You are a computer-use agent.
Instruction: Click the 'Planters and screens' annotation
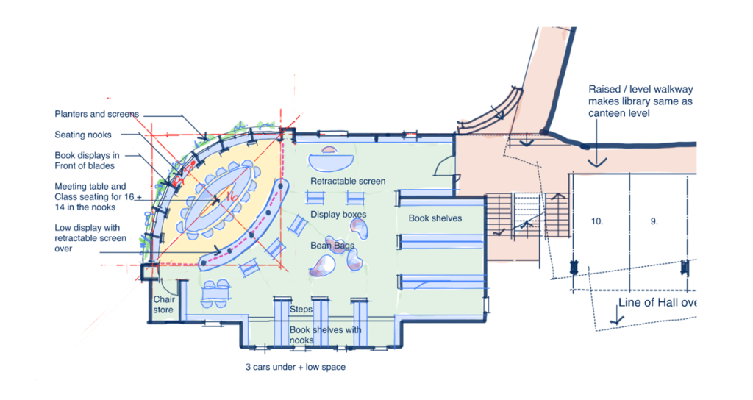[96, 114]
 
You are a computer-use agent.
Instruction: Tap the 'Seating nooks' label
[83, 135]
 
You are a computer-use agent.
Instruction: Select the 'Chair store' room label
[163, 304]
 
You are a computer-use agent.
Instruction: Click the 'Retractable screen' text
[348, 181]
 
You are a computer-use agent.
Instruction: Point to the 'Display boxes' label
[338, 214]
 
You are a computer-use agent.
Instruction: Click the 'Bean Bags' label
[332, 246]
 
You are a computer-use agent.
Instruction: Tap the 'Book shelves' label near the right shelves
[435, 218]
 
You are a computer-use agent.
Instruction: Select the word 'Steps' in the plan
[301, 310]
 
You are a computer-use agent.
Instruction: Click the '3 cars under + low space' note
[296, 367]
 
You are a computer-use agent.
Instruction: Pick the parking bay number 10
[597, 221]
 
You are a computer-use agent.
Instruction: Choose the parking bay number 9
[654, 221]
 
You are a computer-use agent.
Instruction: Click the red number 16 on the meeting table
[232, 197]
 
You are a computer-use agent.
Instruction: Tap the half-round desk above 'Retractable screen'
[331, 160]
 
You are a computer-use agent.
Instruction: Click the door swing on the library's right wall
[445, 167]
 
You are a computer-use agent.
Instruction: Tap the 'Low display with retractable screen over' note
[90, 238]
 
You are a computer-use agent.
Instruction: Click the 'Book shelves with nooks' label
[325, 335]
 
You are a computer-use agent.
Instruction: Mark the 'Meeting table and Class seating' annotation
[98, 197]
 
